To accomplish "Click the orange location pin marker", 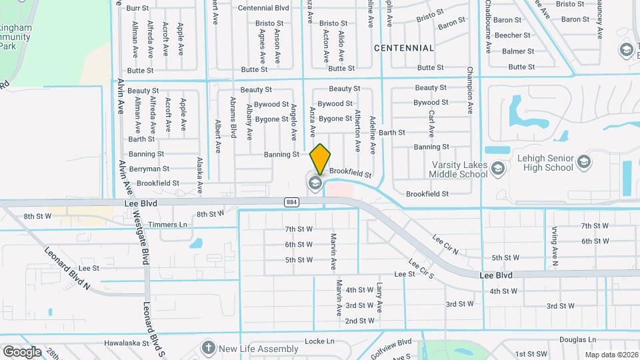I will click(320, 158).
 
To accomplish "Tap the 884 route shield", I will click(291, 201).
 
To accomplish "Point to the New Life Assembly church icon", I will click(208, 349).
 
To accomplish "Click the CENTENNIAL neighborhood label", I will click(404, 48).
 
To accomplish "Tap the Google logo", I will click(22, 351).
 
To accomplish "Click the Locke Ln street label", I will click(319, 341).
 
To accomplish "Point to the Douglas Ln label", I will click(573, 340).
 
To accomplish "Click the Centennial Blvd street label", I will click(263, 8).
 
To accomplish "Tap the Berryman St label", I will click(149, 169).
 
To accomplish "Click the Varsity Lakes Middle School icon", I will click(497, 169).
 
